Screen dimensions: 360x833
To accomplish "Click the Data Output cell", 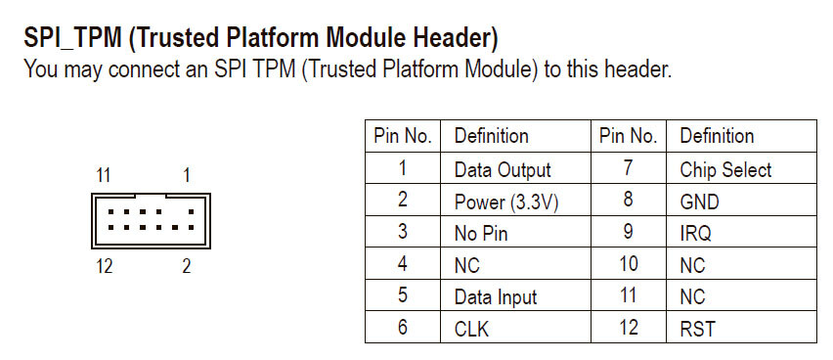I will (x=503, y=170).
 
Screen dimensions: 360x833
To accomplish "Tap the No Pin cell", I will (x=481, y=233).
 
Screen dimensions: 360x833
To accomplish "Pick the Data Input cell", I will (x=496, y=296).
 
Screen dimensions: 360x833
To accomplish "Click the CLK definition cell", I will (x=471, y=329).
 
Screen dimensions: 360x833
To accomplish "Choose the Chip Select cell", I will (x=725, y=170).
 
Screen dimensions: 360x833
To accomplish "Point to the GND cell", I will (x=699, y=202).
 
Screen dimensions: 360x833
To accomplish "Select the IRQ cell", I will (x=695, y=233).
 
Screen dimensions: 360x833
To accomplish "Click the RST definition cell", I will (x=697, y=329).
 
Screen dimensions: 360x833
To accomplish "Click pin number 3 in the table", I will (x=402, y=233).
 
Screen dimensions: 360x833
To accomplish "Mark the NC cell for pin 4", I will (x=467, y=265).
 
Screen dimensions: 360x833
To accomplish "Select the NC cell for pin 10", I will (x=692, y=265).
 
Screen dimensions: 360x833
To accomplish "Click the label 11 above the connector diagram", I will (x=105, y=176).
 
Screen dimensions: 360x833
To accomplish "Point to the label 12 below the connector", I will (x=105, y=266).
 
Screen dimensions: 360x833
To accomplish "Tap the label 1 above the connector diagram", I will (x=187, y=176).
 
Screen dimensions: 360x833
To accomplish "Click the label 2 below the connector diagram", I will (x=186, y=266).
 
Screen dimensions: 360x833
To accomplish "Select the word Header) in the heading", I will (x=451, y=40).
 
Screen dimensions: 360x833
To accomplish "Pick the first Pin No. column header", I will (x=403, y=136).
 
